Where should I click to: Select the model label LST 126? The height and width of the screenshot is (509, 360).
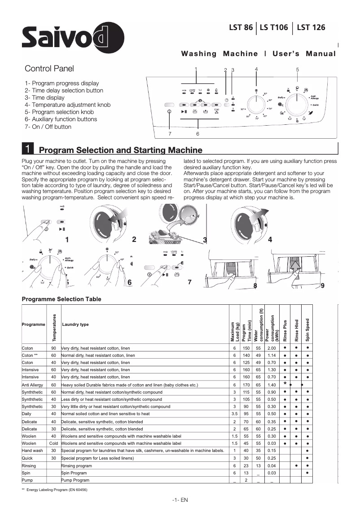click(311, 27)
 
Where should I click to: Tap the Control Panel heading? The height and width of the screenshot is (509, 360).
click(49, 69)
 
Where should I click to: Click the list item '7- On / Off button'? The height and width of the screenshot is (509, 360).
click(48, 127)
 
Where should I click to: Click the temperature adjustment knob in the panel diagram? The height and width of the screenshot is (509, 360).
click(257, 106)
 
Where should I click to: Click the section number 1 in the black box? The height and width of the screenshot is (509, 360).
click(28, 149)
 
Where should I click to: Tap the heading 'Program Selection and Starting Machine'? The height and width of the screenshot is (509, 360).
click(121, 150)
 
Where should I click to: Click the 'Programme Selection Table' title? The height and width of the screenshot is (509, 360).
click(61, 299)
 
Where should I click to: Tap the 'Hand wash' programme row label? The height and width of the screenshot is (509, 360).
click(32, 450)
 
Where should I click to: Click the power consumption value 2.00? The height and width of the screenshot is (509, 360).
click(271, 348)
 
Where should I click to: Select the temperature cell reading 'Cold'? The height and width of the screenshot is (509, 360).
click(53, 443)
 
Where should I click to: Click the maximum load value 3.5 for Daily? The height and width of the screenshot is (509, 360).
click(234, 414)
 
